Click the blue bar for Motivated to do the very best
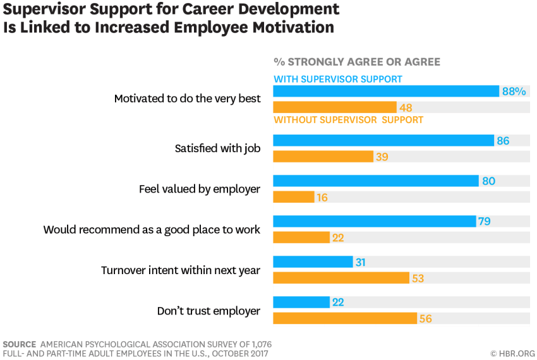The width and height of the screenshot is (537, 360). click(x=385, y=91)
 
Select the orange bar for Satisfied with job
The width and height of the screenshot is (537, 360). click(x=323, y=157)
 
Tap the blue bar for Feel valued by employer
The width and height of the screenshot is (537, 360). click(x=375, y=181)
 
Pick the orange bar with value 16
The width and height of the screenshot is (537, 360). click(x=293, y=197)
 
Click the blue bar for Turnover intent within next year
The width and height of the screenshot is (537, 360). click(x=313, y=262)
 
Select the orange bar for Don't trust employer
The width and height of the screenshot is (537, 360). click(x=345, y=318)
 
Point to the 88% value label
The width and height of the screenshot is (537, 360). click(x=514, y=91)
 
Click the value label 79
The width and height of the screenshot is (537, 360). click(x=485, y=222)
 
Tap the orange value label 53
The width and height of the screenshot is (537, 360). click(x=418, y=278)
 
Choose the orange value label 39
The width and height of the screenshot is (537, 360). click(x=382, y=157)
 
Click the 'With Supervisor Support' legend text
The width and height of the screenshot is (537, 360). click(x=338, y=79)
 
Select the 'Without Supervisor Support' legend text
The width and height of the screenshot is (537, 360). click(x=348, y=119)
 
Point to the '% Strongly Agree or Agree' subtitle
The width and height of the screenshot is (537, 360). click(x=356, y=62)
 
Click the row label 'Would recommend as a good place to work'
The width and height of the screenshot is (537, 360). click(x=152, y=230)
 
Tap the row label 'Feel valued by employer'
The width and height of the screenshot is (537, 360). click(x=200, y=189)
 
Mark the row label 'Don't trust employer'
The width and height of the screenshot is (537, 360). click(x=208, y=311)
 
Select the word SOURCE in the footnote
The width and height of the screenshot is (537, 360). click(x=20, y=344)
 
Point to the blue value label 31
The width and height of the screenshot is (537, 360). click(x=361, y=262)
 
